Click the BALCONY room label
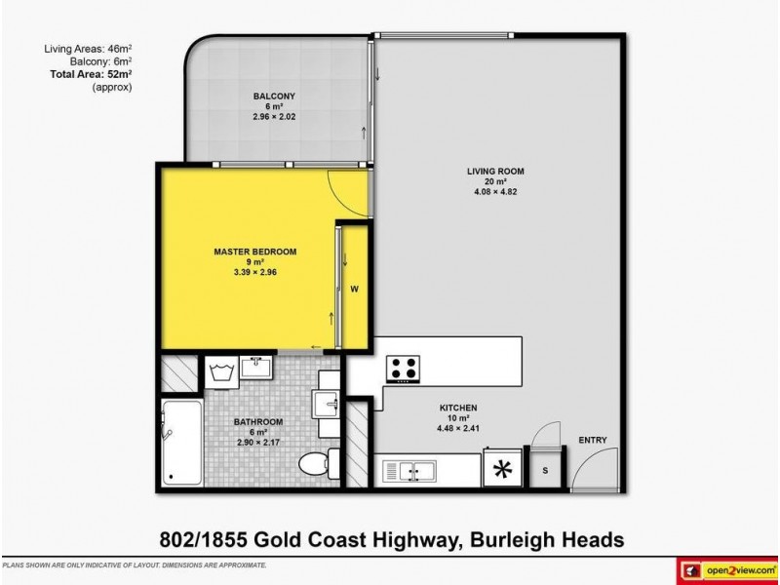tap(268, 96)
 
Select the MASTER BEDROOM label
tap(254, 251)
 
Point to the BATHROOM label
tap(257, 421)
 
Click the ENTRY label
tap(592, 441)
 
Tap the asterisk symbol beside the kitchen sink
tap(503, 471)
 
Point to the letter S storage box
tap(544, 470)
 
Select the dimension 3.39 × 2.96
tap(254, 272)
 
